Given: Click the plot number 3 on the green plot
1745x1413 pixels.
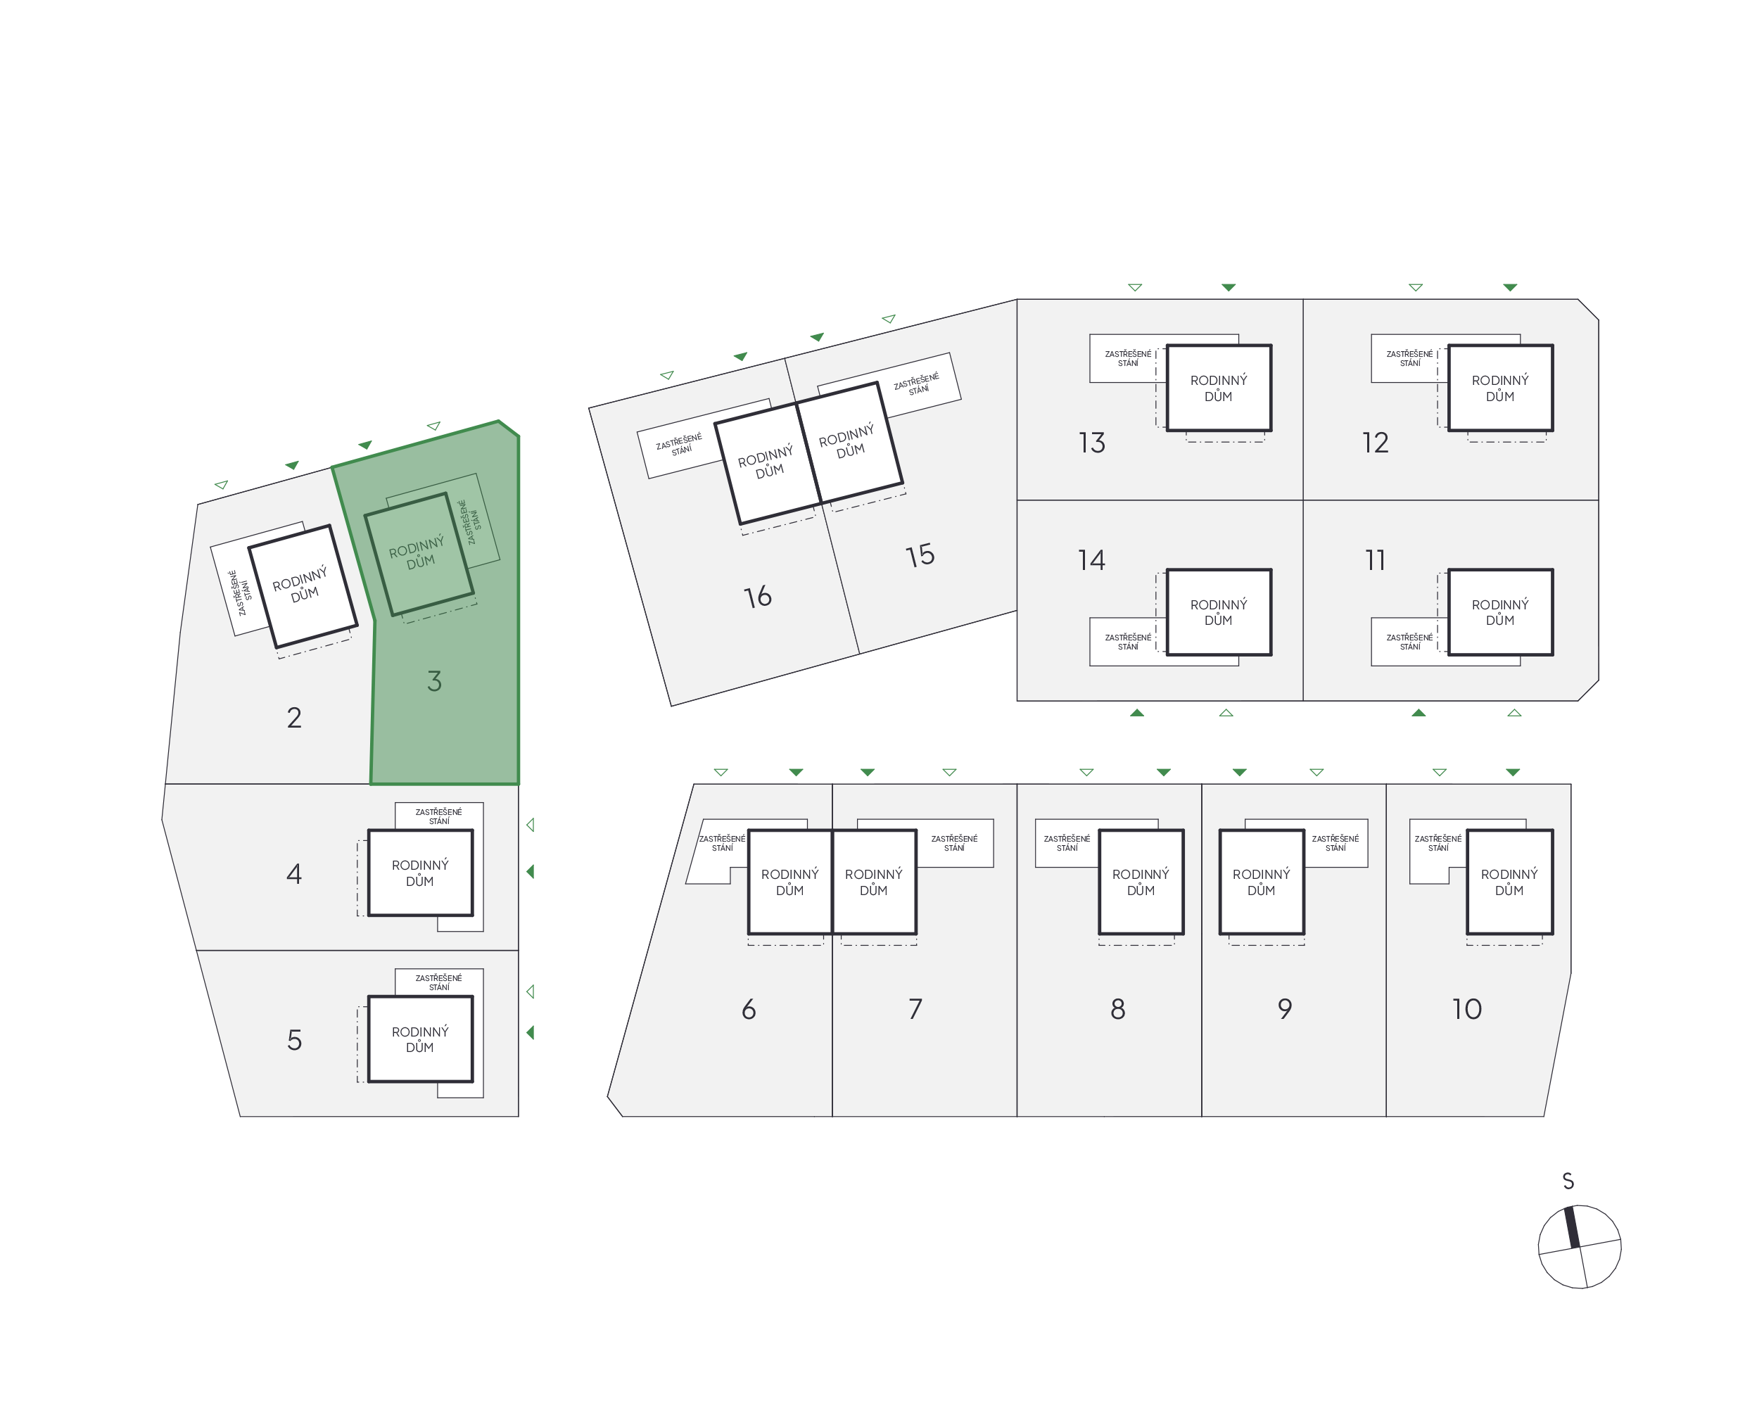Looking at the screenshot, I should (434, 681).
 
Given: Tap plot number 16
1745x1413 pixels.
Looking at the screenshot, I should (757, 597).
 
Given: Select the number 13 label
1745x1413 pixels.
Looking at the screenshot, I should (1091, 443).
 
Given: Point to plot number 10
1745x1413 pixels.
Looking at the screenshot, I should (1466, 1009).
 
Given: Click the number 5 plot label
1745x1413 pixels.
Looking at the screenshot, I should (294, 1040).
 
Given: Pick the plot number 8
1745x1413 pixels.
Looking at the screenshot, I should (1117, 1009).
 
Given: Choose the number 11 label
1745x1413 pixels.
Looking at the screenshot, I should (1375, 560).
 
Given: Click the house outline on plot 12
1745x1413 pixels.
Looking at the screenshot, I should (1500, 388).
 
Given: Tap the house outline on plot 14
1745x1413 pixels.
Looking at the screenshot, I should (1219, 612).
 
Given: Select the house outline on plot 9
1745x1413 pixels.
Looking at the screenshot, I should (1261, 882).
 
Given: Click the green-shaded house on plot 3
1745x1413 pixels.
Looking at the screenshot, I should (419, 554).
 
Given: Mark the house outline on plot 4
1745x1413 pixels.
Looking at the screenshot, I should (420, 873).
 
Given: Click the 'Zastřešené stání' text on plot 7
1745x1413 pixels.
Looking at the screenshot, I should (954, 842).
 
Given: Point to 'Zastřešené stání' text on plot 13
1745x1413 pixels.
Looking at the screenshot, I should (1127, 358).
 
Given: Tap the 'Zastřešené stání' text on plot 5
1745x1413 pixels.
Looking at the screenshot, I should (438, 982).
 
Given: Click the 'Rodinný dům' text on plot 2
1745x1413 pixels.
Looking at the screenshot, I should (301, 584).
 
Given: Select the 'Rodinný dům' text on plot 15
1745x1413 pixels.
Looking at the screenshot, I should (848, 441).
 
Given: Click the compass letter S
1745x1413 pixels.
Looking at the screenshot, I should (1568, 1181).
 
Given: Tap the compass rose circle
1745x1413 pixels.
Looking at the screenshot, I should (1578, 1247).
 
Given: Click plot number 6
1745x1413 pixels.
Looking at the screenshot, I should (748, 1009).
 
